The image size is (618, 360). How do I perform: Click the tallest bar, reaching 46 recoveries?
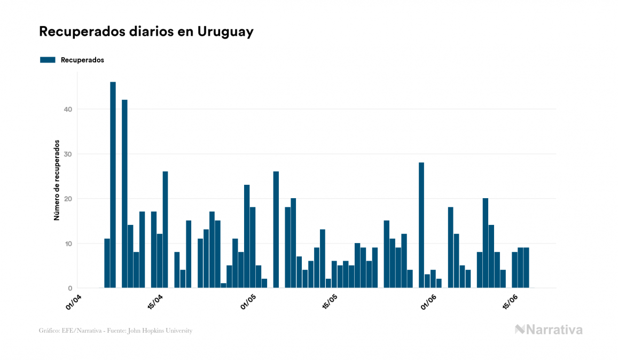pos(113,185)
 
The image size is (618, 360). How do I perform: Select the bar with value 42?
pos(124,193)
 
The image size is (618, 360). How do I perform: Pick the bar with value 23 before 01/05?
pos(247,236)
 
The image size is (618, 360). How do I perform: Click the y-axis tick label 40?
pos(67,109)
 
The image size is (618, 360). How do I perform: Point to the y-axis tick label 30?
pos(67,154)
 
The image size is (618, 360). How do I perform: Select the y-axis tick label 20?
pos(67,199)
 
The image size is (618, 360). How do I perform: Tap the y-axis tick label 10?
pos(67,244)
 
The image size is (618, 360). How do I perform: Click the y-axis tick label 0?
pos(69,288)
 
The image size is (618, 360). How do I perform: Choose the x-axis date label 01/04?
pos(75,302)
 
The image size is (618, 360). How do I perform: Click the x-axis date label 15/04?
pos(155,302)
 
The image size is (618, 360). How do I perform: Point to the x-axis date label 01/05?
pos(249,302)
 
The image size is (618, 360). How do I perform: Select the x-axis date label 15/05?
pos(330,302)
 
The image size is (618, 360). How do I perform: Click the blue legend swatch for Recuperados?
pos(48,60)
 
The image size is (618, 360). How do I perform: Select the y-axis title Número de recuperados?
pos(56,181)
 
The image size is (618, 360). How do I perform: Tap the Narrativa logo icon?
pos(520,330)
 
